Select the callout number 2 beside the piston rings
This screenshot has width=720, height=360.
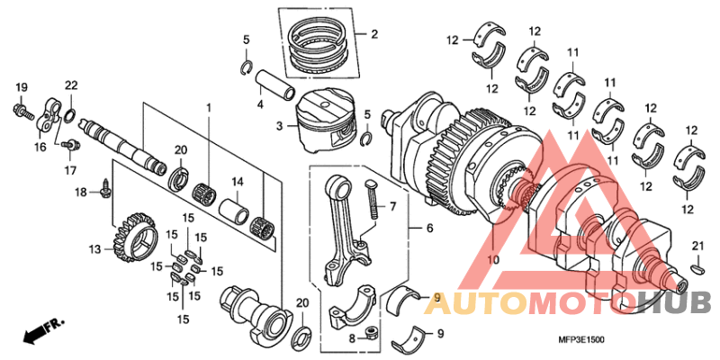click(373, 36)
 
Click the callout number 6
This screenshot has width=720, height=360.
click(429, 229)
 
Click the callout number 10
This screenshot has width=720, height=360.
click(492, 260)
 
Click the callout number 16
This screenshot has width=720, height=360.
click(40, 147)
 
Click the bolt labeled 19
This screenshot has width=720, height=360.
click(20, 111)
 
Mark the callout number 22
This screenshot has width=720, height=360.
click(71, 85)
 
